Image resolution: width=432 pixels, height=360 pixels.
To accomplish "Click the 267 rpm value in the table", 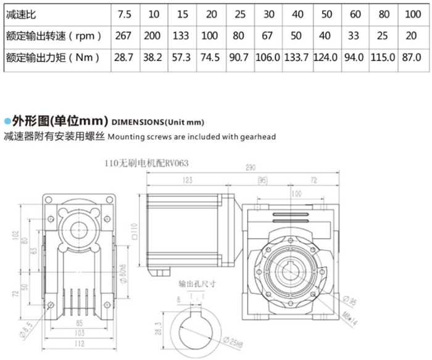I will tap(124, 35).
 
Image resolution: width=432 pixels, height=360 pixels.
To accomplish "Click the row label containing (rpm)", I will tap(52, 35).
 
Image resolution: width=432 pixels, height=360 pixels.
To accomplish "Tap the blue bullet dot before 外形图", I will tap(7, 120).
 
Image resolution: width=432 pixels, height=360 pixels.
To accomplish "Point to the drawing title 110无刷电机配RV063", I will tap(146, 163).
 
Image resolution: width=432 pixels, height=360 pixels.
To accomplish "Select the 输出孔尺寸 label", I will tap(196, 285).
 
